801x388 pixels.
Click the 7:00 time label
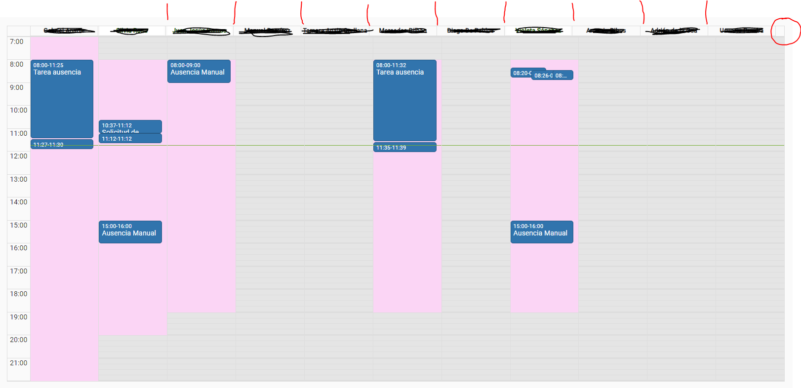(17, 42)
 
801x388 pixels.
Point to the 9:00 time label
(17, 88)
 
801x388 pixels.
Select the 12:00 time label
(19, 156)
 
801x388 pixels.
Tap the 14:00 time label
(19, 202)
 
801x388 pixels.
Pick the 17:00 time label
(19, 271)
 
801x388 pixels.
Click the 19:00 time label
(19, 317)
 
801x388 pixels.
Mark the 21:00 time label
(19, 363)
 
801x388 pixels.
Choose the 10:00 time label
(19, 111)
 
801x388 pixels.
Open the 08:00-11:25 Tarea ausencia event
(62, 99)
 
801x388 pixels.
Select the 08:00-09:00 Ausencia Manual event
(199, 71)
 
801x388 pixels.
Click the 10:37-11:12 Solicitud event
(130, 126)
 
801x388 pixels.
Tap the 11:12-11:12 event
(130, 139)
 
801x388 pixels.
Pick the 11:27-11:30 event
(62, 144)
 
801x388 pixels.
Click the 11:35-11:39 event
(404, 148)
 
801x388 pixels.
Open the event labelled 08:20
(521, 73)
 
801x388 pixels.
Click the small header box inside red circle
(779, 31)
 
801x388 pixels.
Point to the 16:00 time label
(19, 248)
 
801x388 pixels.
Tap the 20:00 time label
(19, 340)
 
